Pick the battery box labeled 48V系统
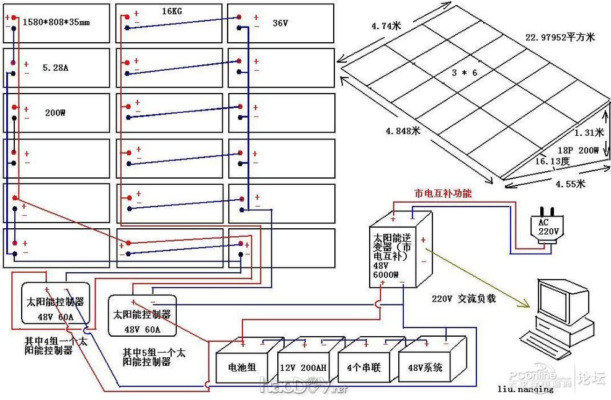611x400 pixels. point(426,367)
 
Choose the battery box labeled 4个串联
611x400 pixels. point(365,367)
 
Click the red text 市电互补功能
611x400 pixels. point(443,193)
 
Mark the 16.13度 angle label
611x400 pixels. point(553,161)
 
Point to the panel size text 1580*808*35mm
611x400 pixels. point(56,22)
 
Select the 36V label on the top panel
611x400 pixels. point(282,23)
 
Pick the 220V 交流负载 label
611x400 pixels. point(464,298)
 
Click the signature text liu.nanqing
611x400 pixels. point(525,389)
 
